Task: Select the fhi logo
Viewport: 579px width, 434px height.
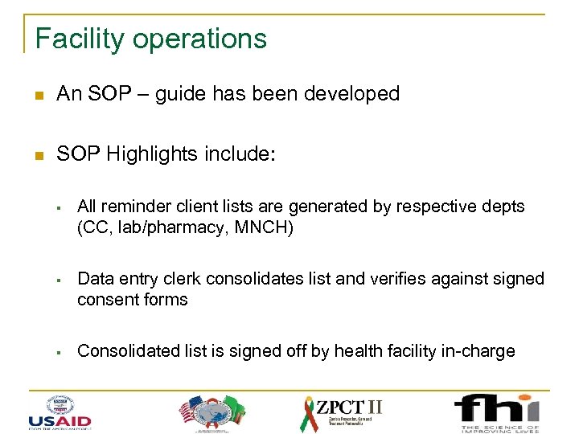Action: [496, 411]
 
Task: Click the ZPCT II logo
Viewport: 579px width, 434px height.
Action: [342, 411]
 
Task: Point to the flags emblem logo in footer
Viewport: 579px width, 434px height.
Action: [210, 411]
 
